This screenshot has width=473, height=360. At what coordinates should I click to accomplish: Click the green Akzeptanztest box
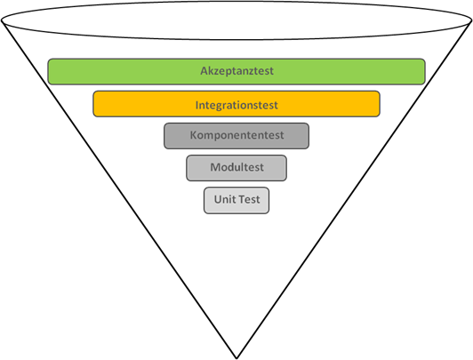click(x=236, y=71)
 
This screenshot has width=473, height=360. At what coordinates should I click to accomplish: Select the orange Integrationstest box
click(x=236, y=104)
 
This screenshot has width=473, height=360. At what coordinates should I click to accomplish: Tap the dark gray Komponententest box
click(x=236, y=136)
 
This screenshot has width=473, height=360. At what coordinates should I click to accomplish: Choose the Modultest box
click(x=236, y=168)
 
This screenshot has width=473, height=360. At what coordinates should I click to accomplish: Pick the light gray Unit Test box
click(x=236, y=201)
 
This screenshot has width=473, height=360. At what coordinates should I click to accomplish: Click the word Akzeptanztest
click(x=236, y=71)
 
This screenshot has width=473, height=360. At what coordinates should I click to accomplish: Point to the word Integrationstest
click(x=236, y=105)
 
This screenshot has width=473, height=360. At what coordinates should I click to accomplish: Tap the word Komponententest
click(x=236, y=135)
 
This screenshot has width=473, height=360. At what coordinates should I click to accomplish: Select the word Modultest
click(x=236, y=167)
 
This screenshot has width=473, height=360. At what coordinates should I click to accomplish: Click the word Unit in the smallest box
click(x=222, y=199)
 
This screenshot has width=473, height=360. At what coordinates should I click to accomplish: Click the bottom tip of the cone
click(x=236, y=358)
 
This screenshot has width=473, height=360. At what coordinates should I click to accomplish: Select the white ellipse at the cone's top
click(x=236, y=20)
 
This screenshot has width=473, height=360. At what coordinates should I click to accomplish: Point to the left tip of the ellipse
click(x=2, y=20)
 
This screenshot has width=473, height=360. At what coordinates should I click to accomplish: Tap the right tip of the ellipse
click(x=471, y=20)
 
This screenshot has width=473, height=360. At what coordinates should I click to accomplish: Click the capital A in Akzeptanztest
click(x=204, y=71)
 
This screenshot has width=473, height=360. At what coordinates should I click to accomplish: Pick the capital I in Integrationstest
click(x=196, y=105)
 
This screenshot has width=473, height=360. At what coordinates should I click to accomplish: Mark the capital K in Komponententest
click(x=193, y=135)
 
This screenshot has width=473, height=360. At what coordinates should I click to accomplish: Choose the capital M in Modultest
click(x=215, y=167)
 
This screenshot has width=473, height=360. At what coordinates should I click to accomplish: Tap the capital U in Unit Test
click(x=218, y=199)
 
